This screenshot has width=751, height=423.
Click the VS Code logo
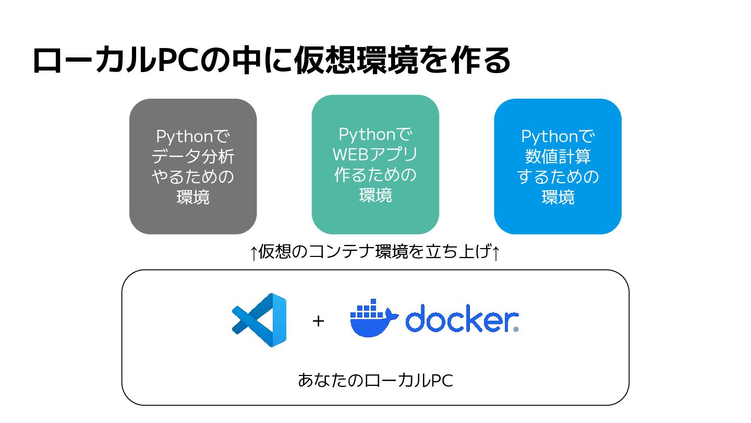[x=259, y=320]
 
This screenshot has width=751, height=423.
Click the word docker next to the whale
[x=462, y=320]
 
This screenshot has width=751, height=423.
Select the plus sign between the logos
[x=318, y=321]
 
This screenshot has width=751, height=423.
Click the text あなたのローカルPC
[x=375, y=380]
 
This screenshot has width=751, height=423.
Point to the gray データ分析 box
[x=193, y=167]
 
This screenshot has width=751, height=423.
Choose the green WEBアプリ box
[x=375, y=164]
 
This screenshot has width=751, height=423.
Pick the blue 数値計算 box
[x=558, y=167]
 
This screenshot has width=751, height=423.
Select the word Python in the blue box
[x=550, y=137]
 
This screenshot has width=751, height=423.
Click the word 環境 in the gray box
[x=193, y=197]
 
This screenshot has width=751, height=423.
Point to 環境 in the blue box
[x=558, y=197]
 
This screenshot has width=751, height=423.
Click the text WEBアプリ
[x=375, y=155]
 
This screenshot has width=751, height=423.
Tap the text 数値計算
[x=558, y=157]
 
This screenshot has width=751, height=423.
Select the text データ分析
[x=193, y=157]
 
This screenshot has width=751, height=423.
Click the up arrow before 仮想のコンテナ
[x=253, y=253]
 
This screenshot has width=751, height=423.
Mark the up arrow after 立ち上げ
[x=496, y=253]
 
